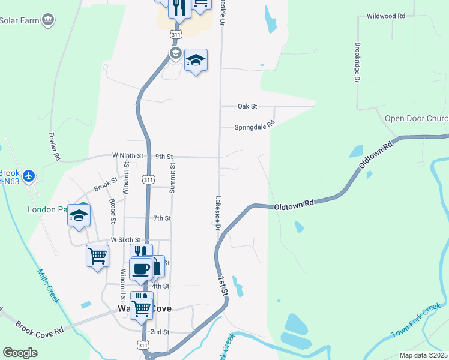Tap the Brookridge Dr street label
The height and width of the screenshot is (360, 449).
(357, 70)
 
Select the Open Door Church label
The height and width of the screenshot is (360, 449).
(416, 118)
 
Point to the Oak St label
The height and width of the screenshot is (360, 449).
(247, 106)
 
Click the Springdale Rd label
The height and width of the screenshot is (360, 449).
(254, 127)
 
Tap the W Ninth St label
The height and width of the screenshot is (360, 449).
(128, 155)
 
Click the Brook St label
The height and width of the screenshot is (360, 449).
(106, 184)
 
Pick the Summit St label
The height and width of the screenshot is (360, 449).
(172, 178)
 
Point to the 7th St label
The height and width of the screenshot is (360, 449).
(162, 218)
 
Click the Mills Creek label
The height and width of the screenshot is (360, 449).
(47, 285)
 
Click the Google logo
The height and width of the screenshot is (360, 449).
(20, 353)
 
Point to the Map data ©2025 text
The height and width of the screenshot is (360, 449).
(423, 355)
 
